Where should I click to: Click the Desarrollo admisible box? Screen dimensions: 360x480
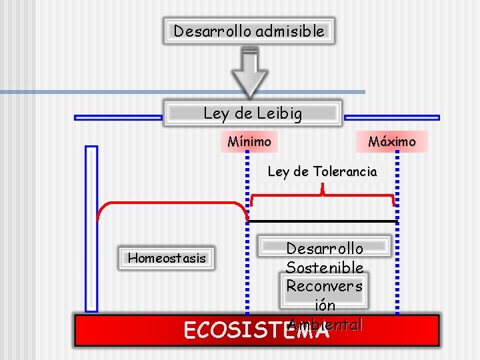pos(249,31)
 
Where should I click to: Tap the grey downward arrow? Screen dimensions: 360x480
pos(249,73)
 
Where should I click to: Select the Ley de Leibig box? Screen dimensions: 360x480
pos(253,113)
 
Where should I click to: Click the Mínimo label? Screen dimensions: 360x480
pos(249,141)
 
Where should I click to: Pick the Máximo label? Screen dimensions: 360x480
pos(392,141)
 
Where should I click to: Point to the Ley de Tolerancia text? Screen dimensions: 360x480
pos(322,171)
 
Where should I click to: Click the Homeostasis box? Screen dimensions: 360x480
pos(167,258)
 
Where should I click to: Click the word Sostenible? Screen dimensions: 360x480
pos(325,267)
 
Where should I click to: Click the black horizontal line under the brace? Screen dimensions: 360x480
pos(323,221)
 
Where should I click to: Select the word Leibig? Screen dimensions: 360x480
pos(279,113)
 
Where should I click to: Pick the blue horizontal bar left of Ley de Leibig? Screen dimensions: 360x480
pos(118,117)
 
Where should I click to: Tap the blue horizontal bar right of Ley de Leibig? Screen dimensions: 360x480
pos(391,117)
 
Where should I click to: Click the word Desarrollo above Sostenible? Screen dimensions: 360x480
pos(325,249)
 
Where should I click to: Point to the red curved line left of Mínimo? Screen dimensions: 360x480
pos(167,203)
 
